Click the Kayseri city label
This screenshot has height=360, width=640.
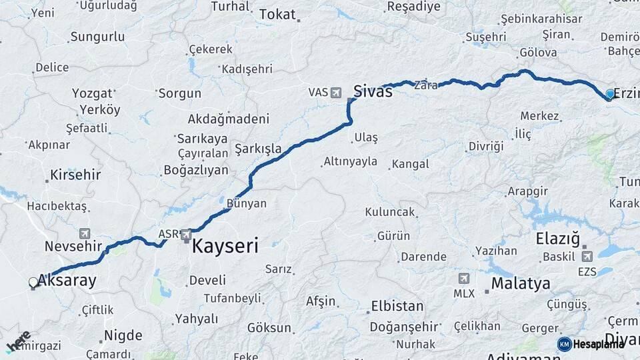(225, 246)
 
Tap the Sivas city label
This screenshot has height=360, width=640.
(373, 92)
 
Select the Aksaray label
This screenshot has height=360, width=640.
(67, 281)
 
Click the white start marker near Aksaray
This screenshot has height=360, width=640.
(33, 283)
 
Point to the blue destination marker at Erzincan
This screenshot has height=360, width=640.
(609, 94)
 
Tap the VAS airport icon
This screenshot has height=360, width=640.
(335, 92)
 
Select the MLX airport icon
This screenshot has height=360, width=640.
(464, 278)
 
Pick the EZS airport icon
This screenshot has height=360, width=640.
(587, 256)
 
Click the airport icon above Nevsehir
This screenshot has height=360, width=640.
(85, 233)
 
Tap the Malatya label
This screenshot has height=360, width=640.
(521, 283)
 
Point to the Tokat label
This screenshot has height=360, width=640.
(277, 14)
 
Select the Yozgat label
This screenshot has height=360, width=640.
(92, 93)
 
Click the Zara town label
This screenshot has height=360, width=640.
(425, 85)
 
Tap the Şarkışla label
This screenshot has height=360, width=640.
(258, 148)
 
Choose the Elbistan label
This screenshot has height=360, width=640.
(397, 307)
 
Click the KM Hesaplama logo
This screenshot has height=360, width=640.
(591, 343)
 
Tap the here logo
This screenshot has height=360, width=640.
(18, 342)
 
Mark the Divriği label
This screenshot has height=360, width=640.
(485, 146)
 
